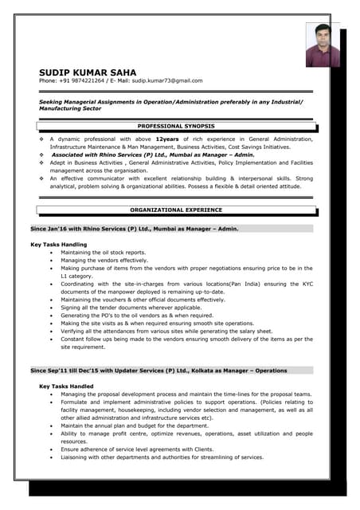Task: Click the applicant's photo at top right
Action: (323, 45)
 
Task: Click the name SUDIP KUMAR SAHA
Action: (88, 72)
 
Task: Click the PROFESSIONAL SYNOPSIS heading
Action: (177, 126)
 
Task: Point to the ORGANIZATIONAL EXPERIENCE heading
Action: (177, 210)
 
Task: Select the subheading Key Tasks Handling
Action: (59, 244)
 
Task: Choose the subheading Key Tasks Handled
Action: (66, 386)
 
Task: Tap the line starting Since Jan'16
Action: (134, 228)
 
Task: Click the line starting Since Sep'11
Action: (158, 371)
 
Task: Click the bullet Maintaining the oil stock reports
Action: (104, 253)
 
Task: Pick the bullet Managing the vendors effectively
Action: (104, 261)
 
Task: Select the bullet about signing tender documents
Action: (131, 307)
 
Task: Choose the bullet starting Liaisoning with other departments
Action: (162, 457)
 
